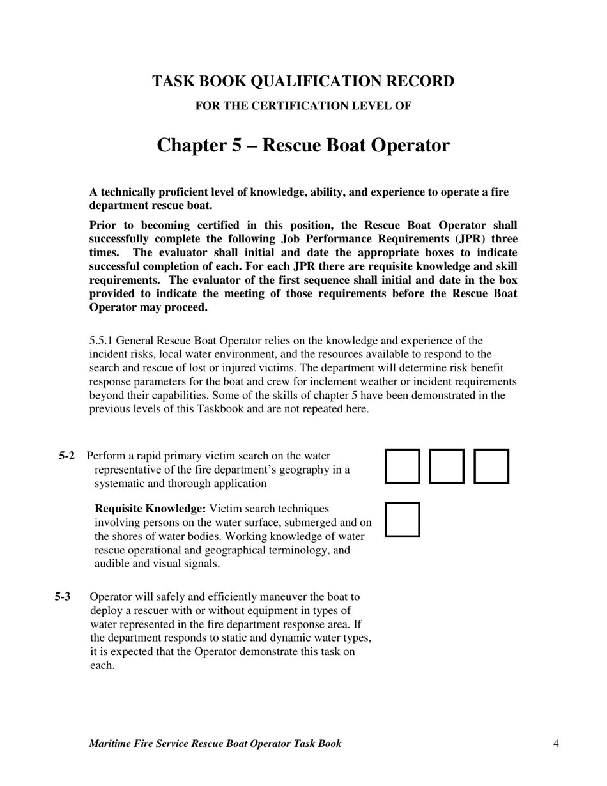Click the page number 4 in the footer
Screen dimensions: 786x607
(556, 743)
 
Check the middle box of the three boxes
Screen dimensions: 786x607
(447, 466)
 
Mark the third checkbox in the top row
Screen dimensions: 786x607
(491, 466)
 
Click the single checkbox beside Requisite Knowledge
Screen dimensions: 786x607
(403, 520)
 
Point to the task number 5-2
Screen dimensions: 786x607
(67, 456)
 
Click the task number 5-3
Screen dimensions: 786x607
(63, 597)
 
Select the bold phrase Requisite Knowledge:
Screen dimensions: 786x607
(150, 509)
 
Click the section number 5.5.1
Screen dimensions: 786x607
(102, 341)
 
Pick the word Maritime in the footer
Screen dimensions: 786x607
(111, 743)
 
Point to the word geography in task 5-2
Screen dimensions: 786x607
(303, 470)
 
